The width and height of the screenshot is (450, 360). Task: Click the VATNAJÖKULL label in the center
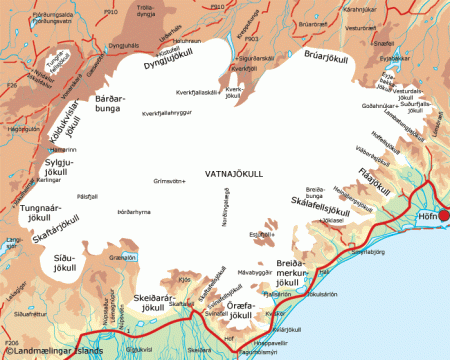(x=233, y=173)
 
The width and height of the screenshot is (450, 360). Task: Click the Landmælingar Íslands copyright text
(x=56, y=351)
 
